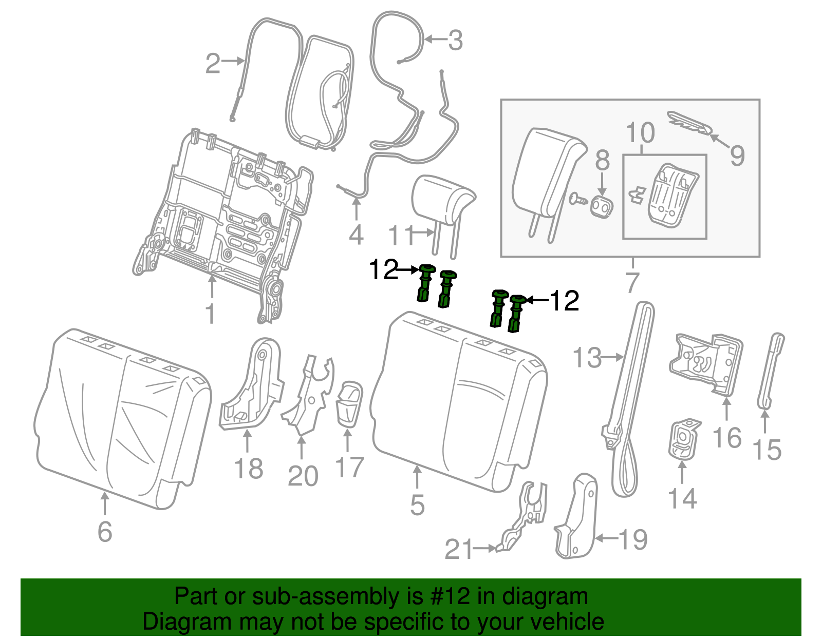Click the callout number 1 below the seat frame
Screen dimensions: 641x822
click(x=210, y=314)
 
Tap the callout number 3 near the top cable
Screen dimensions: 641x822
click(x=455, y=40)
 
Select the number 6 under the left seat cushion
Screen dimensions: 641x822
click(x=105, y=532)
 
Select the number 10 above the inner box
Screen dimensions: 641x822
click(x=641, y=133)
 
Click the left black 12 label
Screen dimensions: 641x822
click(x=384, y=269)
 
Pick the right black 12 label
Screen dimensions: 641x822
click(x=565, y=301)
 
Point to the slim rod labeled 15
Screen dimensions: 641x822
click(x=771, y=370)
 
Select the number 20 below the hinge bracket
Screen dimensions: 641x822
click(x=303, y=476)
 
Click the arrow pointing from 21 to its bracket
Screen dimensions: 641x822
click(x=484, y=549)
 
